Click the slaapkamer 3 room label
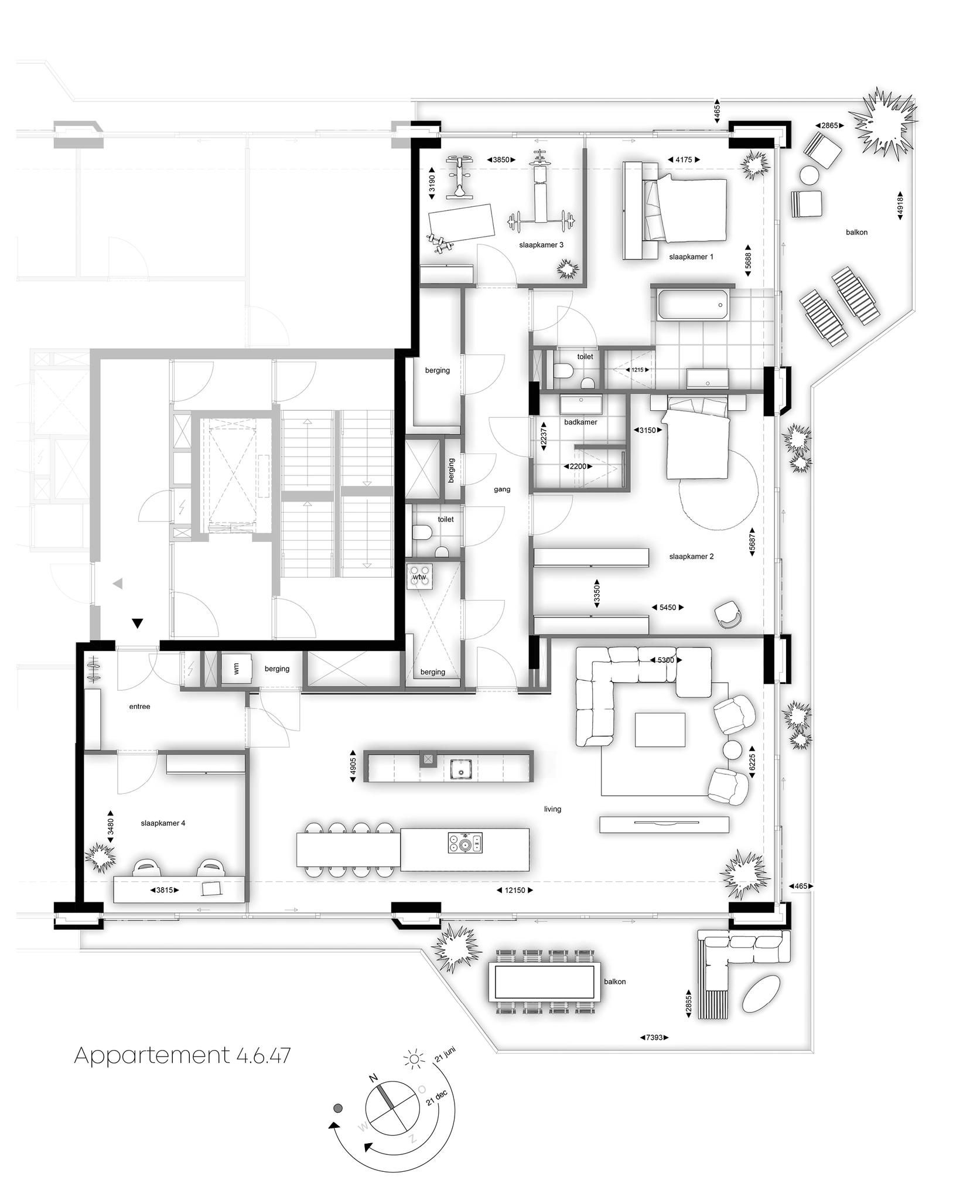point(541,245)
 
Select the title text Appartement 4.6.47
point(182,1055)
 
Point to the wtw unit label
point(419,577)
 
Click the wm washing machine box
point(237,669)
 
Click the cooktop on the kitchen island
point(465,844)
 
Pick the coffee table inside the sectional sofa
point(660,729)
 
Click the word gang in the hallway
point(502,489)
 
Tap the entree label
point(140,707)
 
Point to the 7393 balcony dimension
point(654,1037)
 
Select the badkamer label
point(580,422)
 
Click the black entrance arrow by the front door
point(137,623)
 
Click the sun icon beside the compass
point(415,1059)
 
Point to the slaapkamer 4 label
point(163,823)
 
